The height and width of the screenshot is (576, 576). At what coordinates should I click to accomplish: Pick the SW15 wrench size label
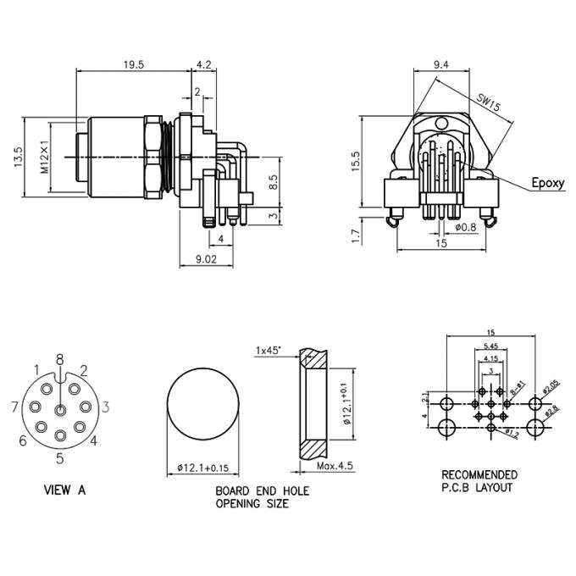[488, 103]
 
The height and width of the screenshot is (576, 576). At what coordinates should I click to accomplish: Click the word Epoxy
[547, 182]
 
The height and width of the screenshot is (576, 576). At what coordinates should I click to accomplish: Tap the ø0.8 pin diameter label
[465, 227]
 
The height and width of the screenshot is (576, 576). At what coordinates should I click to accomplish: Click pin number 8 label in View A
[59, 358]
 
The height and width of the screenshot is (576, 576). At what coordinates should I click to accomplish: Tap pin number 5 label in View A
[60, 459]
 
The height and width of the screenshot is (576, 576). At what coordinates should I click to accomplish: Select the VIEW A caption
[64, 490]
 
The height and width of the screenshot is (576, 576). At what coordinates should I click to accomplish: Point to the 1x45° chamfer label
[269, 349]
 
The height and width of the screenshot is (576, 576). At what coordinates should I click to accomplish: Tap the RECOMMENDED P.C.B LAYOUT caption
[479, 480]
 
